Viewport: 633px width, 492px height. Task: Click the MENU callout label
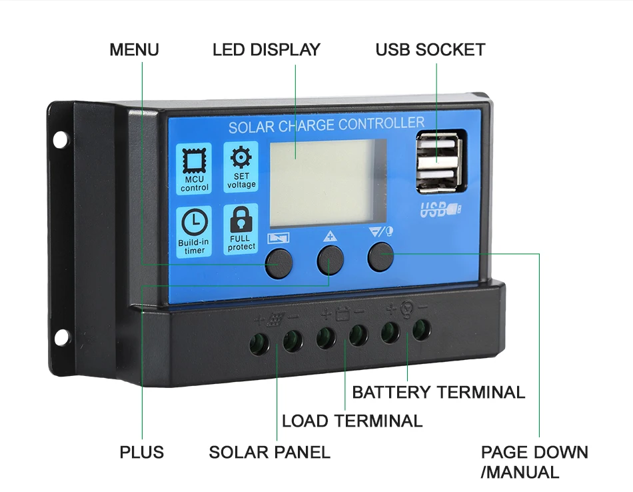(134, 50)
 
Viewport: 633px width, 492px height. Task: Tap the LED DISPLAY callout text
(266, 50)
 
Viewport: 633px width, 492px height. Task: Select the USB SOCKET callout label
(430, 50)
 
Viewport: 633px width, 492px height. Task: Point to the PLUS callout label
(141, 452)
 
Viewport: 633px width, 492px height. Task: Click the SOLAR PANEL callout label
(269, 452)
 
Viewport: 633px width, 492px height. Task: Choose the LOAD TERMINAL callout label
(352, 421)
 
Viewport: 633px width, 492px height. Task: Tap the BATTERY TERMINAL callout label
(438, 392)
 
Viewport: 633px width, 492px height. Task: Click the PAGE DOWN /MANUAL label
(534, 462)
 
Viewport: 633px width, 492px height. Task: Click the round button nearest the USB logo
(380, 257)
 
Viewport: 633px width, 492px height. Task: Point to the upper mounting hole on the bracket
(60, 139)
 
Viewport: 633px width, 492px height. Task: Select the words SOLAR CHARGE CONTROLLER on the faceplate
(326, 125)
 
